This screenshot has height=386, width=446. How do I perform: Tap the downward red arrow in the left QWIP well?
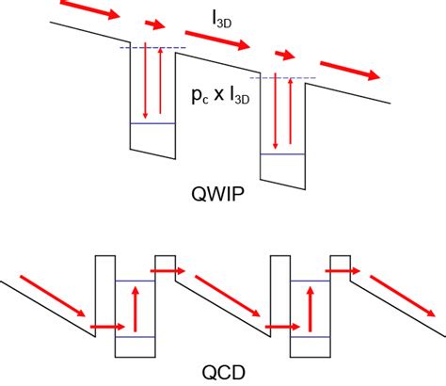143,86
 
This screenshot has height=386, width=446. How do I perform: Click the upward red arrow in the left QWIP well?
157,86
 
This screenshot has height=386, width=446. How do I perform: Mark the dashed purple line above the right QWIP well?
282,78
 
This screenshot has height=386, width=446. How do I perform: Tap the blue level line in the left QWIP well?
151,123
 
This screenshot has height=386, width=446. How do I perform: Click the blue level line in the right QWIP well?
281,154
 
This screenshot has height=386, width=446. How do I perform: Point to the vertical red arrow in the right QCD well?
311,310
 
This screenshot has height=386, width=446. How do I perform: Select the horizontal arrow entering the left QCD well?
105,329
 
